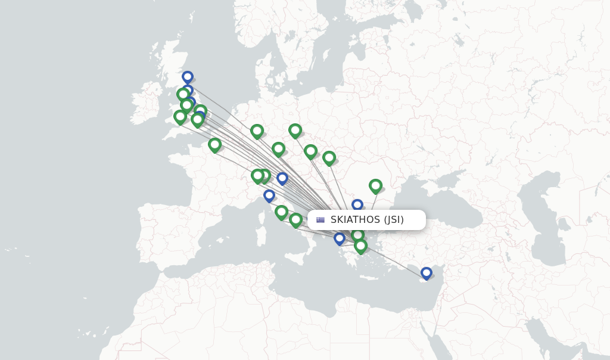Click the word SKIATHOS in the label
pos(355,220)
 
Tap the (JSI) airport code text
pos(394,220)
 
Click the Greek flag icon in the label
pos(320,220)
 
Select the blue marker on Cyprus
pos(426,273)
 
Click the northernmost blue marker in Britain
pos(188,77)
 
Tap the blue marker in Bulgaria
pos(357,205)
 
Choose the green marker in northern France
pos(214,144)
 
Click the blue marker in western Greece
pos(340,238)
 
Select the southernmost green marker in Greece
pos(360,245)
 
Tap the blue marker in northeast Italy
pos(282,178)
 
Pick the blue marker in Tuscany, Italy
pos(269,195)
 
